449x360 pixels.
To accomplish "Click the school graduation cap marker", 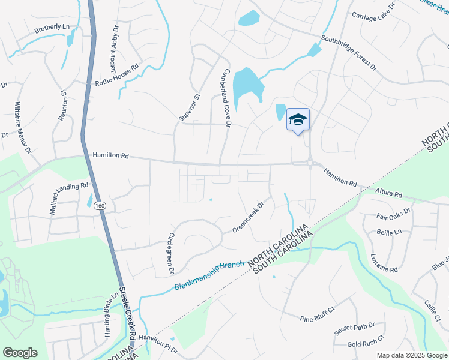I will tap(298, 121).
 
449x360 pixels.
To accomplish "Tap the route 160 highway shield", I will tap(97, 205).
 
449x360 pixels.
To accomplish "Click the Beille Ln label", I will tap(388, 231).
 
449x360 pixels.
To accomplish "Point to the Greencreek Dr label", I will tap(249, 218).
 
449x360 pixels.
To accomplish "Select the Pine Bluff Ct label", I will tap(316, 319).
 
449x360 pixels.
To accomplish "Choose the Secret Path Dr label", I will tap(355, 328).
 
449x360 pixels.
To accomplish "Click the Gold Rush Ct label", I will tap(366, 344).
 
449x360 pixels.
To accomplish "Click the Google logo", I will tap(20, 353).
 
